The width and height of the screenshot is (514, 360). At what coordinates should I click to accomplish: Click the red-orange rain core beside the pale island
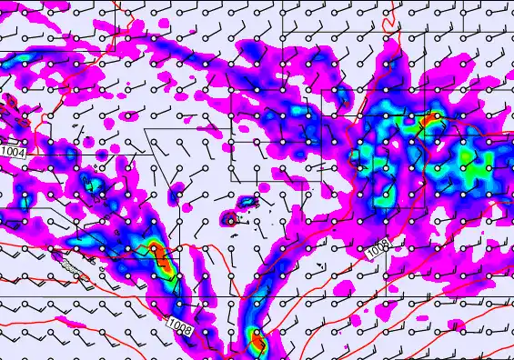pyautogui.click(x=161, y=260)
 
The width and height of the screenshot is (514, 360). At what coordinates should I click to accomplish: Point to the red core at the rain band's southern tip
pyautogui.click(x=257, y=342)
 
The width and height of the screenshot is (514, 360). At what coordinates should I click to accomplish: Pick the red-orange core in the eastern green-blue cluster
pyautogui.click(x=430, y=119)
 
